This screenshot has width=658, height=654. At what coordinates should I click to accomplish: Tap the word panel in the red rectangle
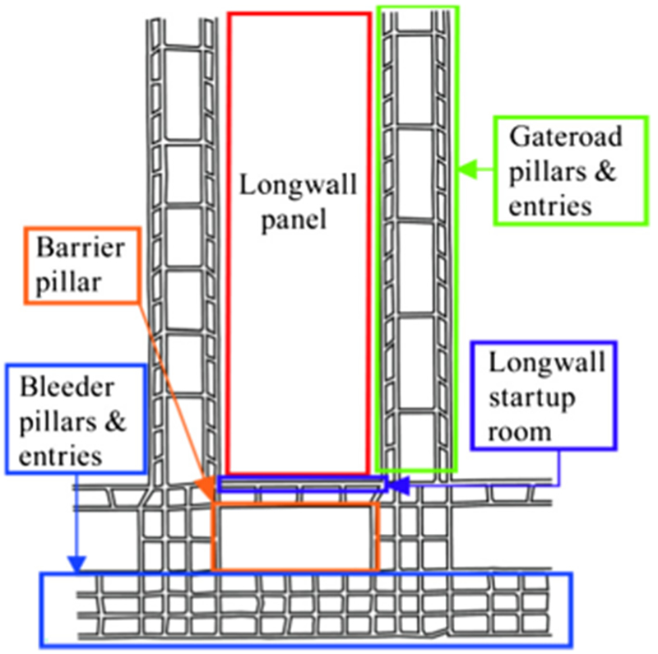298,220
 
